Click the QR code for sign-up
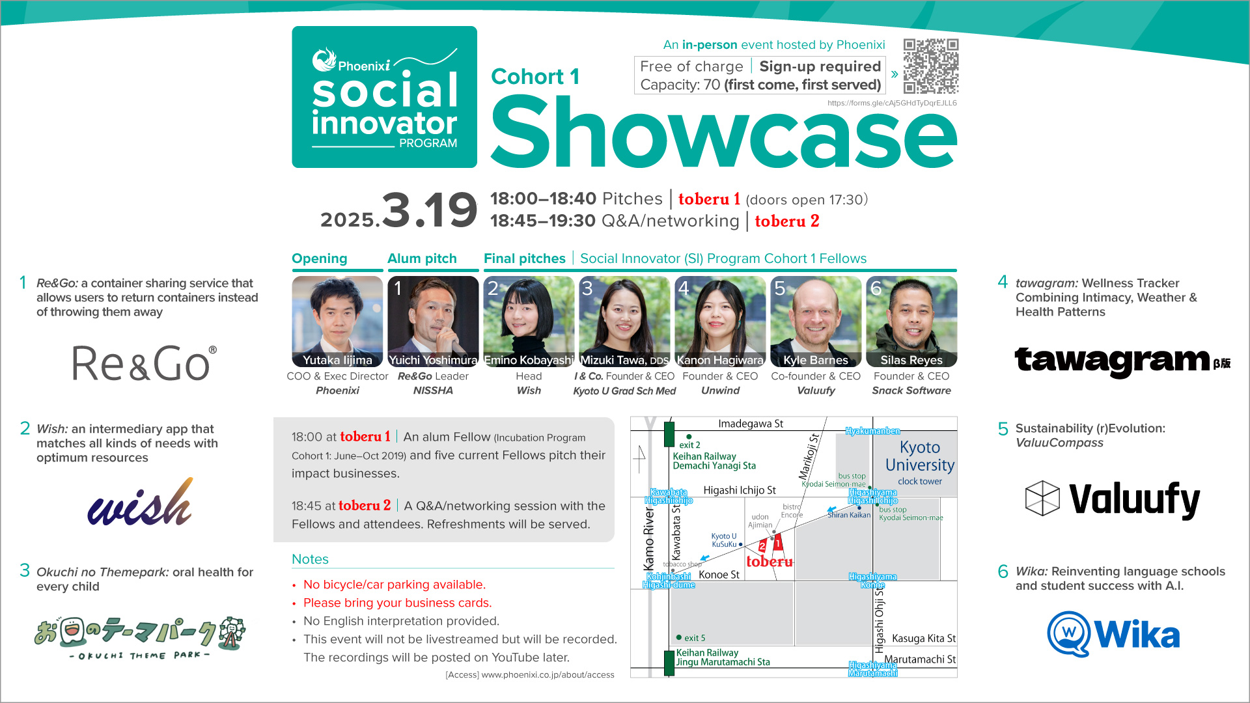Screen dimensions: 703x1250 pos(930,66)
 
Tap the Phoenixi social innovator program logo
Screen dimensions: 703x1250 pos(384,97)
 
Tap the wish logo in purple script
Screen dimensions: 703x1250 pos(141,502)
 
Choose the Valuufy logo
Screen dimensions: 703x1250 pos(1112,499)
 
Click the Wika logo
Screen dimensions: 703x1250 pos(1113,634)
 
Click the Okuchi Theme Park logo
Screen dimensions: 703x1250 pos(140,636)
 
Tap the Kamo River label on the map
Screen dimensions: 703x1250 pos(649,538)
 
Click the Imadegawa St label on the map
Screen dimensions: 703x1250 pos(751,424)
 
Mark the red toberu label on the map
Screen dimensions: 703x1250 pos(770,562)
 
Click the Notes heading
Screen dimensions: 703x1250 pos(310,559)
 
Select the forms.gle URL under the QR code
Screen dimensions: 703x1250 pos(892,103)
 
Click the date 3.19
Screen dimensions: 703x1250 pos(429,210)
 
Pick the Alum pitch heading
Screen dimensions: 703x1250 pos(422,258)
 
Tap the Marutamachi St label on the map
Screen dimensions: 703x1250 pos(920,659)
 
